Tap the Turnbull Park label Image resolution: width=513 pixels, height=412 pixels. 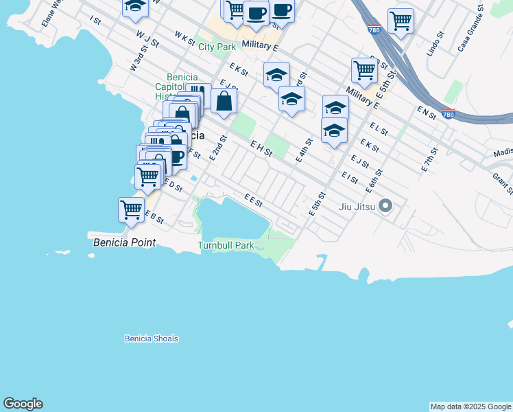point(226,245)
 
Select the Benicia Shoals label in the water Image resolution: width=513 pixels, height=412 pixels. point(152,339)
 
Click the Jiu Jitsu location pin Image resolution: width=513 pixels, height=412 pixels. point(385,205)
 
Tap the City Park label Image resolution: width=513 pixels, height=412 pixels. point(217,47)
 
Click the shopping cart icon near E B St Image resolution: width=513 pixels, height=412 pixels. point(131,209)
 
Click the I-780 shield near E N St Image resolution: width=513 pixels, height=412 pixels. point(448,115)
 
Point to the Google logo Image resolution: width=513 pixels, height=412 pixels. point(23,404)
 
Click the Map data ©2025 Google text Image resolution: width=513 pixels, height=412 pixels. point(470,407)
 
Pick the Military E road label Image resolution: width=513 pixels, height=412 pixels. point(260,46)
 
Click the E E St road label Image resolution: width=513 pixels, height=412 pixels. point(253,200)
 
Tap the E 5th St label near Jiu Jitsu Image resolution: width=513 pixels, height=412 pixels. point(316,204)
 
